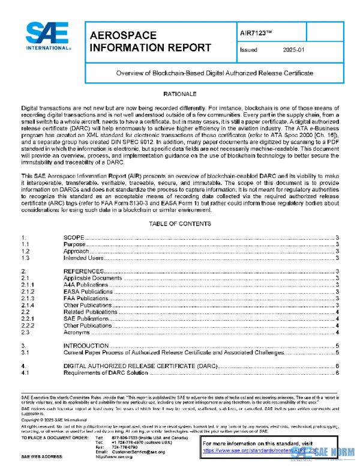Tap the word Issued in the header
point(248,51)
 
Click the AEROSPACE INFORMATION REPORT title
point(149,42)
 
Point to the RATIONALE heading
point(180,95)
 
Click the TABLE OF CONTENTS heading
point(180,223)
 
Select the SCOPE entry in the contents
point(74,238)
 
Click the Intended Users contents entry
point(84,258)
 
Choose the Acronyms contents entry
point(76,332)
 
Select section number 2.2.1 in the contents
point(29,319)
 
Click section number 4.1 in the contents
point(26,374)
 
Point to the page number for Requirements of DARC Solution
point(338,374)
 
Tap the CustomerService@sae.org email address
point(135,451)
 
